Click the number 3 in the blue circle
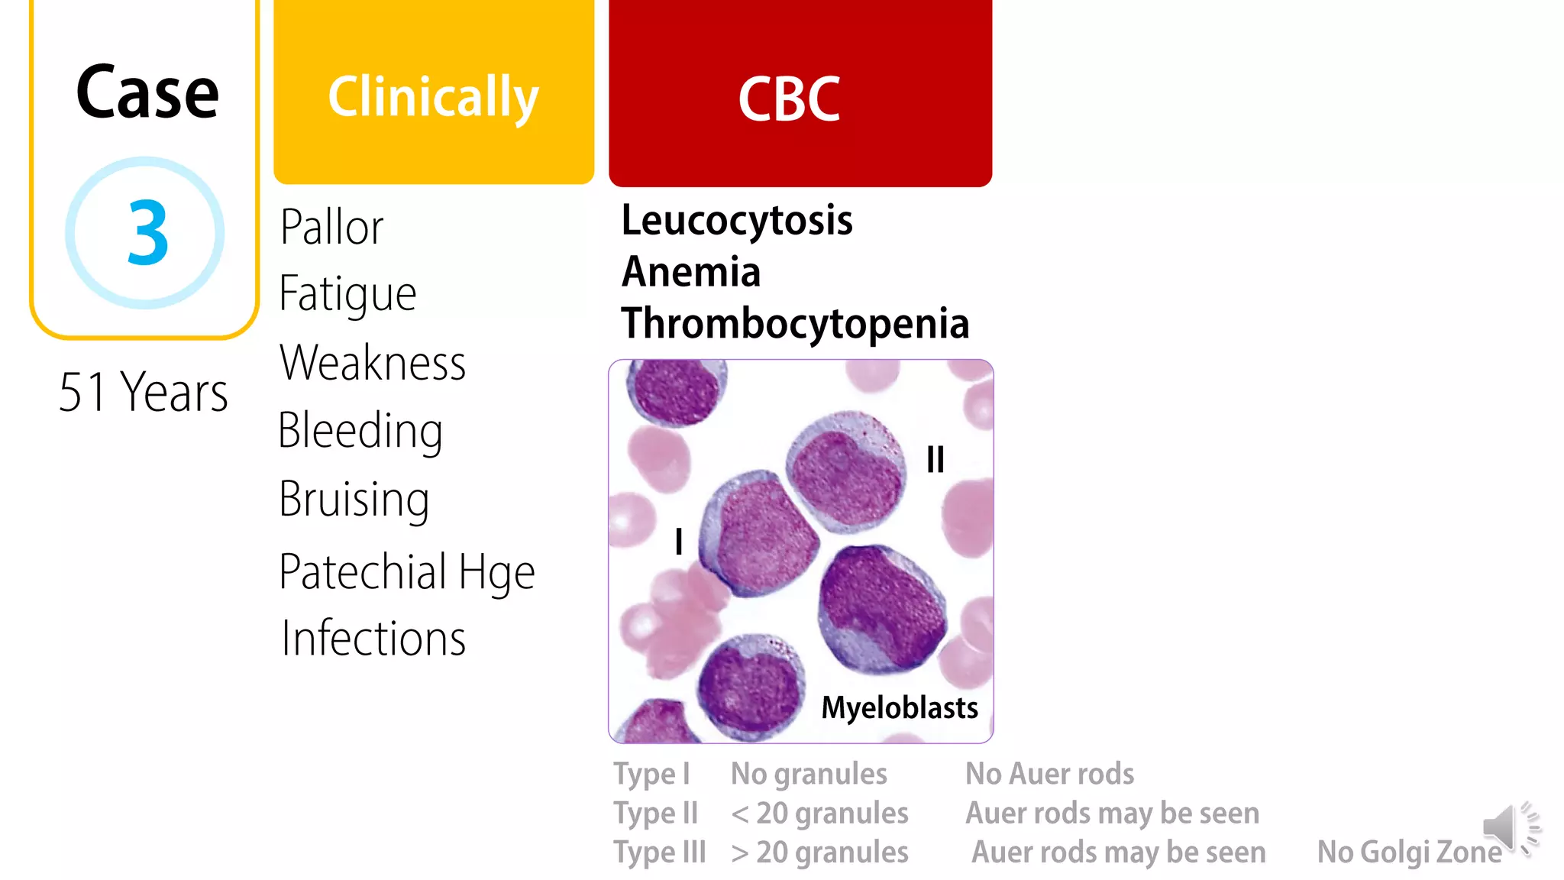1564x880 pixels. click(x=147, y=232)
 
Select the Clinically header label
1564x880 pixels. click(x=433, y=97)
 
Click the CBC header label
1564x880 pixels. click(x=789, y=99)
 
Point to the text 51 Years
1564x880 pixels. click(x=144, y=392)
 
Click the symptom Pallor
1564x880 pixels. click(x=331, y=227)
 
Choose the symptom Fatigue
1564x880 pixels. click(x=347, y=294)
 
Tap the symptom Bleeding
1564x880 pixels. click(x=360, y=431)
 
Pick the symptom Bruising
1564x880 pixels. click(x=354, y=500)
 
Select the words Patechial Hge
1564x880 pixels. click(x=406, y=572)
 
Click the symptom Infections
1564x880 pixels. click(x=373, y=639)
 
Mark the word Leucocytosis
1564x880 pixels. click(x=736, y=221)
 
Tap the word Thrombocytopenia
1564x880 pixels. click(x=795, y=323)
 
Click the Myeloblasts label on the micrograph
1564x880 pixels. click(x=899, y=707)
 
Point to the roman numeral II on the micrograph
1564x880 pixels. click(x=935, y=460)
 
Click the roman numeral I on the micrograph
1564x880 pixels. click(x=678, y=542)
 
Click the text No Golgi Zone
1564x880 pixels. click(x=1409, y=852)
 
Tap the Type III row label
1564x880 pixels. click(x=660, y=852)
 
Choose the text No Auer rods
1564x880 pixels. click(x=1049, y=774)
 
